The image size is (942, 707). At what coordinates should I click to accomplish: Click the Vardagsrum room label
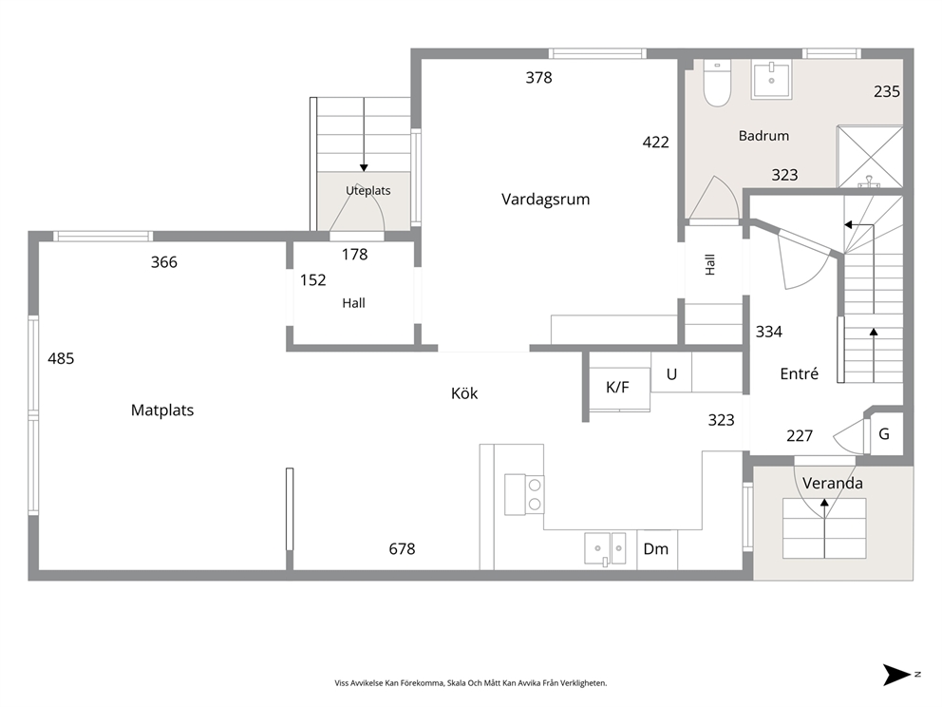click(x=545, y=199)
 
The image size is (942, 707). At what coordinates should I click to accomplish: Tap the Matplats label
click(x=162, y=410)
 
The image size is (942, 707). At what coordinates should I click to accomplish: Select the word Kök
click(x=464, y=393)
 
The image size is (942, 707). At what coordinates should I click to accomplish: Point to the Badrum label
click(x=763, y=136)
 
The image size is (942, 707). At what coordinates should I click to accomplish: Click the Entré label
click(x=799, y=373)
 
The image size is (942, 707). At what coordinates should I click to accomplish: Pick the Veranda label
click(x=833, y=483)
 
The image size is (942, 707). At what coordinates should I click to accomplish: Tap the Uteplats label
click(x=367, y=191)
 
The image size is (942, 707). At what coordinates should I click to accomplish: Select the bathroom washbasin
click(x=771, y=79)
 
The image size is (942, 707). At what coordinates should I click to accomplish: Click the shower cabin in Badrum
click(x=870, y=157)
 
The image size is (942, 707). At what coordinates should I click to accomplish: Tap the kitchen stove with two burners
click(x=524, y=494)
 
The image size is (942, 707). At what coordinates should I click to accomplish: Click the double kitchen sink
click(x=605, y=548)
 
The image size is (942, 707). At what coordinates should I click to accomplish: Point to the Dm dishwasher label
click(x=655, y=548)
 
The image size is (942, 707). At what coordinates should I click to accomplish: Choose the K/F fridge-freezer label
click(x=617, y=387)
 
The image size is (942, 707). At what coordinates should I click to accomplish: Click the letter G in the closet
click(x=884, y=433)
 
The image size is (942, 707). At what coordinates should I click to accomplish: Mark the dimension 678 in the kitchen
click(x=402, y=549)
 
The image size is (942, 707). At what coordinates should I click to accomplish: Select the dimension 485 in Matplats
click(x=61, y=359)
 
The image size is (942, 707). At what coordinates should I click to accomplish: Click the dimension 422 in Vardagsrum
click(x=655, y=143)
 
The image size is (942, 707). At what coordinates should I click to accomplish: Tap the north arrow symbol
click(x=897, y=675)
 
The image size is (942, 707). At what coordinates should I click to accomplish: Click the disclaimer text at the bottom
click(x=471, y=683)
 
